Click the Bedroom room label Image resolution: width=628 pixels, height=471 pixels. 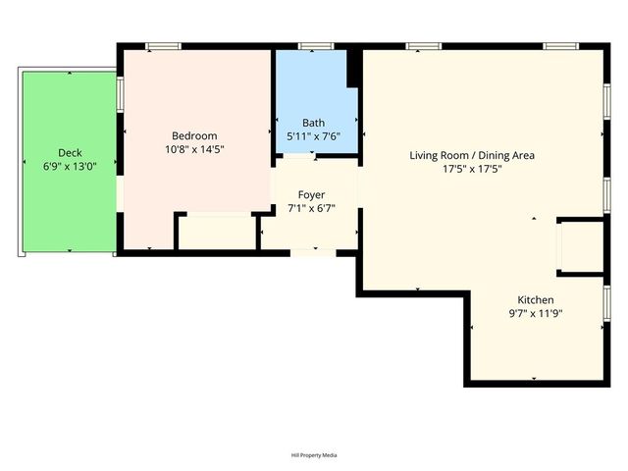(x=194, y=135)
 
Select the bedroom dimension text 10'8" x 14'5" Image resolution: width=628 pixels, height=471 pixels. (x=194, y=150)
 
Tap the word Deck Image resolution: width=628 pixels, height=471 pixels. (x=70, y=152)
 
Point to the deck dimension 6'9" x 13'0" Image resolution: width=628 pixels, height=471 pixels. (x=70, y=167)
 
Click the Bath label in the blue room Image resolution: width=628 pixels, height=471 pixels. (x=313, y=123)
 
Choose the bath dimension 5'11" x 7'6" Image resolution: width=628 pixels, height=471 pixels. (x=313, y=137)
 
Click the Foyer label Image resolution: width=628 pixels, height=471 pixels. (x=312, y=195)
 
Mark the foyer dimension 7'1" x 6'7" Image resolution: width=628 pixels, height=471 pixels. (x=312, y=209)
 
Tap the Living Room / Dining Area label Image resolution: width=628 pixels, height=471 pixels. (x=472, y=155)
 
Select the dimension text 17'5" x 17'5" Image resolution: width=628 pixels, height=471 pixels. (x=472, y=169)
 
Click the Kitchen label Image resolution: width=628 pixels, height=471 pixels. (x=536, y=299)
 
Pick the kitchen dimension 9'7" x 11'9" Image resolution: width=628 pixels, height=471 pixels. (x=536, y=314)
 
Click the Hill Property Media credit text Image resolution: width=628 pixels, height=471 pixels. (x=313, y=455)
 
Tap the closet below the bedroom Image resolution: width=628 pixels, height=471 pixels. (x=217, y=232)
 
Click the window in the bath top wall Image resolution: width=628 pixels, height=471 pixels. (x=314, y=46)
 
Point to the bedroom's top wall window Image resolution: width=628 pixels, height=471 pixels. (x=162, y=46)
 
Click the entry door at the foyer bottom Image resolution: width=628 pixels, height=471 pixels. (x=313, y=252)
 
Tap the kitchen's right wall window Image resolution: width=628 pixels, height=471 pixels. (x=607, y=302)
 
